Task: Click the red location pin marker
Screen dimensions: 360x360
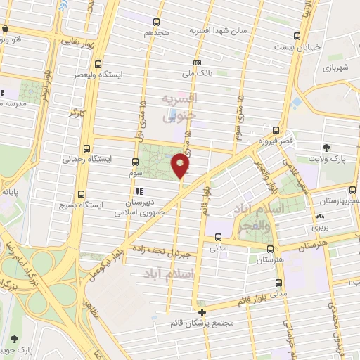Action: pyautogui.click(x=181, y=167)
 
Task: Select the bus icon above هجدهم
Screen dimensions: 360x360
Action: pyautogui.click(x=156, y=22)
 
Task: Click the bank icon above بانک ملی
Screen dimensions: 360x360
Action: pyautogui.click(x=198, y=63)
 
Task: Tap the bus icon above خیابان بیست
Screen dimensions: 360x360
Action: pyautogui.click(x=297, y=36)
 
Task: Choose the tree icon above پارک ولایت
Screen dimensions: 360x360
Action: pyautogui.click(x=326, y=148)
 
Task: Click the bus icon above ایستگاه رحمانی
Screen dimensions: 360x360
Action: pyautogui.click(x=87, y=148)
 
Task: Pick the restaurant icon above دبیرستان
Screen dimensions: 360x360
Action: pyautogui.click(x=139, y=191)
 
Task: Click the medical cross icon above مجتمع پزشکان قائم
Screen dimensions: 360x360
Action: pyautogui.click(x=202, y=311)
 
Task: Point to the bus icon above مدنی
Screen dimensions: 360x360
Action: pyautogui.click(x=217, y=237)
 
